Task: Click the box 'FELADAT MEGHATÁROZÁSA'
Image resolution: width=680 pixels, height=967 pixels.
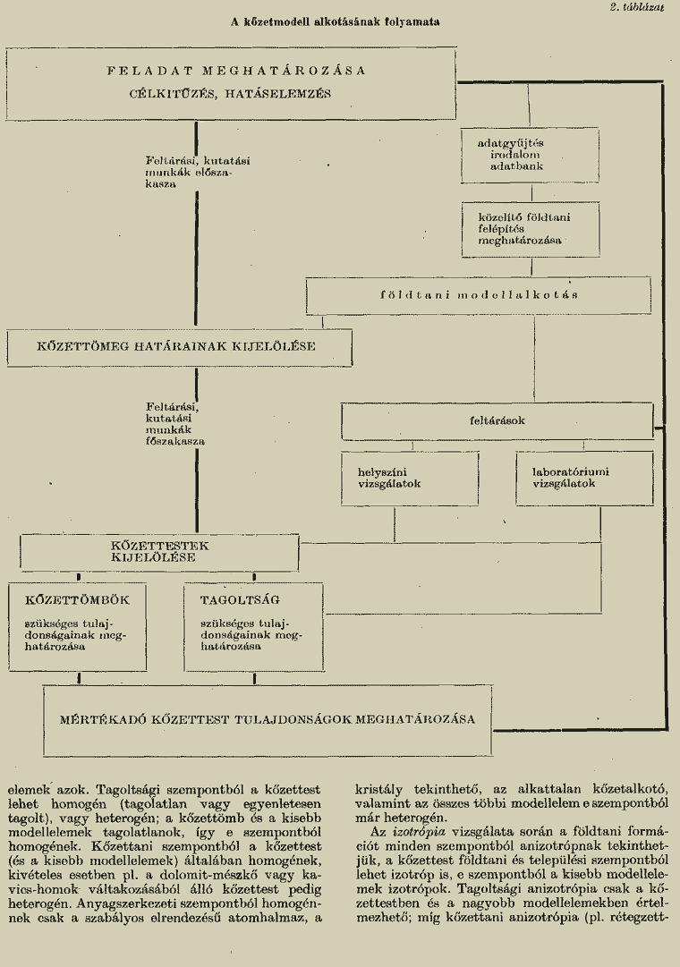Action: [231, 83]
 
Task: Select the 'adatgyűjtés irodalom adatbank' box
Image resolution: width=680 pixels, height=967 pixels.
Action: [530, 156]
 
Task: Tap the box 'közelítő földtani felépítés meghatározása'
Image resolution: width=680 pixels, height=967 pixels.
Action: [531, 229]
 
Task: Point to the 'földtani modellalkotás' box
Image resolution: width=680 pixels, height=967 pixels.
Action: [478, 295]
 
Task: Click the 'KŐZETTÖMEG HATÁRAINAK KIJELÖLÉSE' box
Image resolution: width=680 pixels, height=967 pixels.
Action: [180, 347]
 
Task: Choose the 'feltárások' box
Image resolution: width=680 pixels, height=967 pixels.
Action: [497, 421]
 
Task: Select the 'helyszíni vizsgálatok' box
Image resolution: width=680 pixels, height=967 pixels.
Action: [411, 479]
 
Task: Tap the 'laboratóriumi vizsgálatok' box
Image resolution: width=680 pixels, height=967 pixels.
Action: [584, 479]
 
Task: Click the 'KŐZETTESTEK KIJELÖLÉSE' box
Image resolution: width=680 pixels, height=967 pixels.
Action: [159, 553]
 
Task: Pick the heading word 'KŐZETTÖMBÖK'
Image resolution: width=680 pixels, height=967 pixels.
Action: [78, 600]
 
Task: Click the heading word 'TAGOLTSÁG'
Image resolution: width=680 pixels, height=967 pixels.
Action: [240, 600]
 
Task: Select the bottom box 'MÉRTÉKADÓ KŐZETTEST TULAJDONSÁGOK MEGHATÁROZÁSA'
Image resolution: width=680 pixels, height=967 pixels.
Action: [268, 720]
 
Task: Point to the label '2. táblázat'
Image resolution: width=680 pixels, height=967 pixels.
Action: [637, 7]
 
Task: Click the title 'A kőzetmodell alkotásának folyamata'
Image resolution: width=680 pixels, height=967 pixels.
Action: [335, 21]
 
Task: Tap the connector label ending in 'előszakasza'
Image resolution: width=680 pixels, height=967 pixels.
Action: [198, 172]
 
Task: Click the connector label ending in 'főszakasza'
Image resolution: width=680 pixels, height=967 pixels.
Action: [175, 424]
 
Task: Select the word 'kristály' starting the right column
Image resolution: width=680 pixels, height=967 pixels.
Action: [378, 790]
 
